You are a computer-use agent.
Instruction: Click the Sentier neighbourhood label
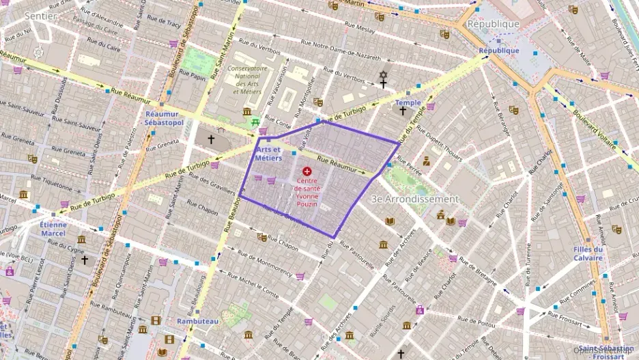[40, 15]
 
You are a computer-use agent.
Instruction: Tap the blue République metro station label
[498, 51]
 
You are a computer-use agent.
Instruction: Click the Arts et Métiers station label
[268, 153]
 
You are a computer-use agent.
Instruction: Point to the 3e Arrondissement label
[414, 199]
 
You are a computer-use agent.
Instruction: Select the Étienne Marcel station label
[53, 228]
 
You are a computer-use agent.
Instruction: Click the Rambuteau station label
[197, 320]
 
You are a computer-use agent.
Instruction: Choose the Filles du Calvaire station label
[588, 253]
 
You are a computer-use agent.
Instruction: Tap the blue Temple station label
[408, 102]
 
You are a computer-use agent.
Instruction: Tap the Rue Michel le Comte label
[253, 286]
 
